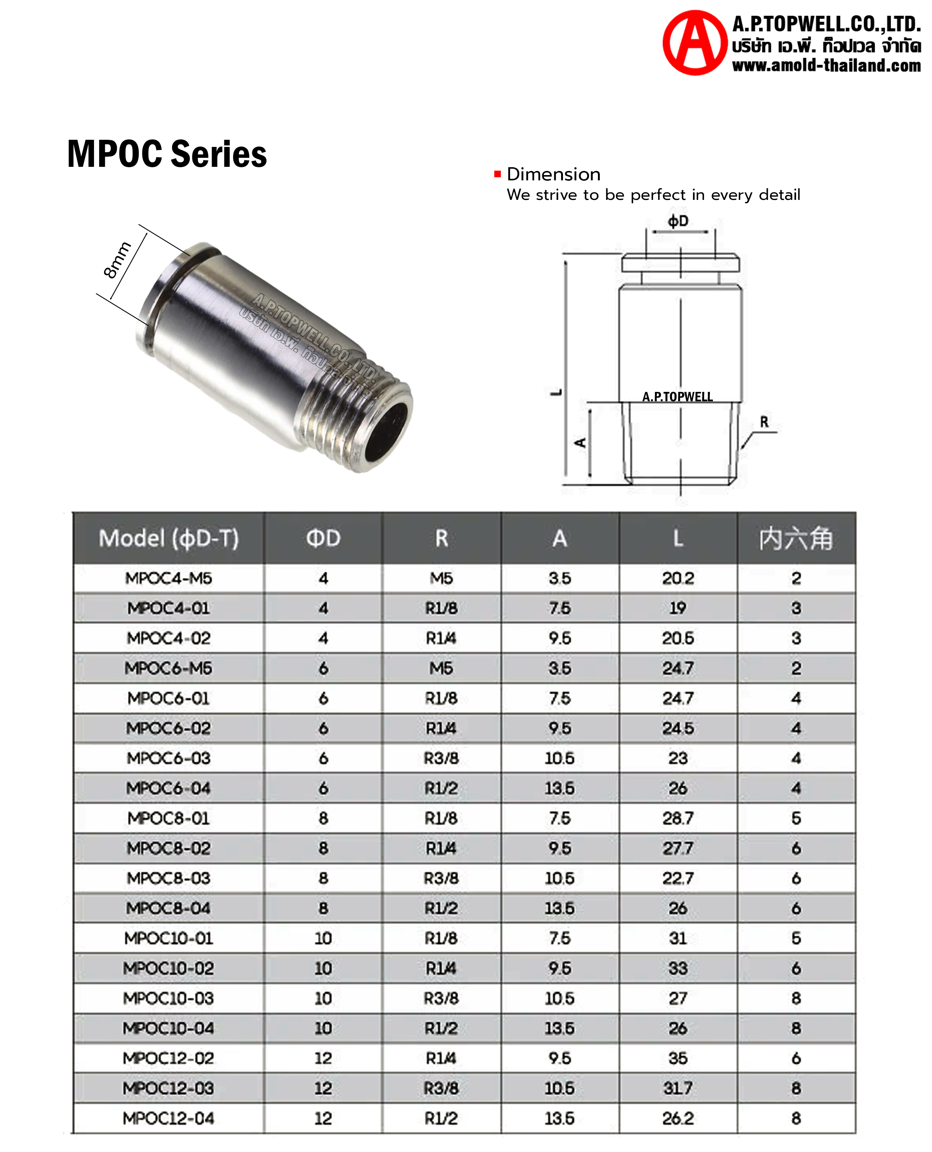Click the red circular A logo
click(x=695, y=43)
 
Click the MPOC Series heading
click(x=167, y=154)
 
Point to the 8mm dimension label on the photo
click(x=116, y=260)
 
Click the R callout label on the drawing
click(x=764, y=422)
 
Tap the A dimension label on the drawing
click(x=580, y=442)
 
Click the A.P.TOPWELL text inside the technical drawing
click(x=678, y=397)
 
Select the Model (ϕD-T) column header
click(x=169, y=538)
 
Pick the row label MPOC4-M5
click(x=169, y=578)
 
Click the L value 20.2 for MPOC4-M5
click(x=678, y=578)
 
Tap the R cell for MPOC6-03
click(x=441, y=758)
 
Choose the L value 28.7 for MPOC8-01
click(x=678, y=818)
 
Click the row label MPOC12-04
click(x=169, y=1118)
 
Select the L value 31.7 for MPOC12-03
click(x=678, y=1088)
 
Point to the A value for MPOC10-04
click(x=560, y=1028)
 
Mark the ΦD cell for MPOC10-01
click(x=323, y=938)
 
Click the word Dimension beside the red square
click(x=554, y=174)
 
